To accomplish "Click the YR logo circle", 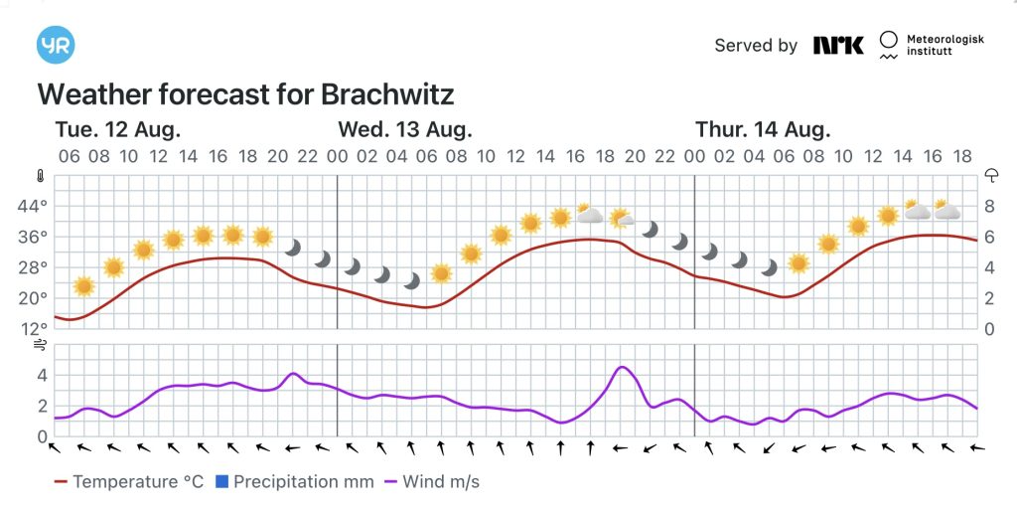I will [x=56, y=46].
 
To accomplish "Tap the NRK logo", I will [x=838, y=45].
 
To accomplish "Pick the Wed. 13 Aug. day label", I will [x=404, y=129].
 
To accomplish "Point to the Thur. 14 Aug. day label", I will [x=763, y=129].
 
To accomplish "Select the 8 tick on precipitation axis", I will [x=989, y=207].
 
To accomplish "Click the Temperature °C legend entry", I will [x=129, y=482].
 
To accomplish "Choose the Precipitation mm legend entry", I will [x=295, y=482].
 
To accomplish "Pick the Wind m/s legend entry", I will [x=433, y=482].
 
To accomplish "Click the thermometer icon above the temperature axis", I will [x=40, y=176].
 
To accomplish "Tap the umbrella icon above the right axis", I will [x=991, y=175].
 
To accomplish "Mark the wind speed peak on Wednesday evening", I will [x=622, y=368].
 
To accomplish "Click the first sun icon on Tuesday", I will [x=83, y=286].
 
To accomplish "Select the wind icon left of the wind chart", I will [x=40, y=345].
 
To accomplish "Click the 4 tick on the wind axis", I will [x=42, y=376].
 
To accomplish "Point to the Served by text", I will [x=756, y=46].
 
